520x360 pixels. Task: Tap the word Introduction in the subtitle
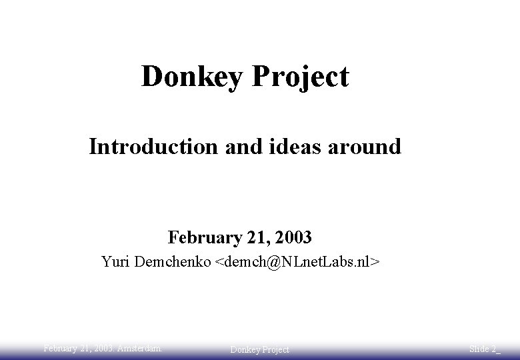coord(153,146)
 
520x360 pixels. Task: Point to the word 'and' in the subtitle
coord(238,146)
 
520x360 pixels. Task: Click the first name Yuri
coord(115,261)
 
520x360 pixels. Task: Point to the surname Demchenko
coord(173,261)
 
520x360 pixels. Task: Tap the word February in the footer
coord(61,347)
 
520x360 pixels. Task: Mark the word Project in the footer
coord(275,349)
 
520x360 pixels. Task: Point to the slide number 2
coord(494,349)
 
